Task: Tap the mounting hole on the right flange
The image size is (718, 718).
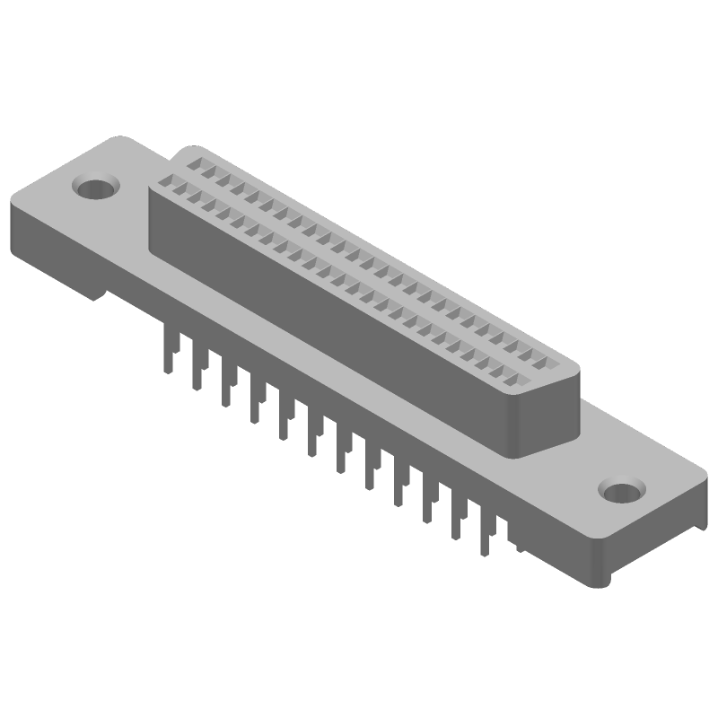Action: [x=620, y=491]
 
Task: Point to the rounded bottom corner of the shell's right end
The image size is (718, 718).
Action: [x=519, y=454]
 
